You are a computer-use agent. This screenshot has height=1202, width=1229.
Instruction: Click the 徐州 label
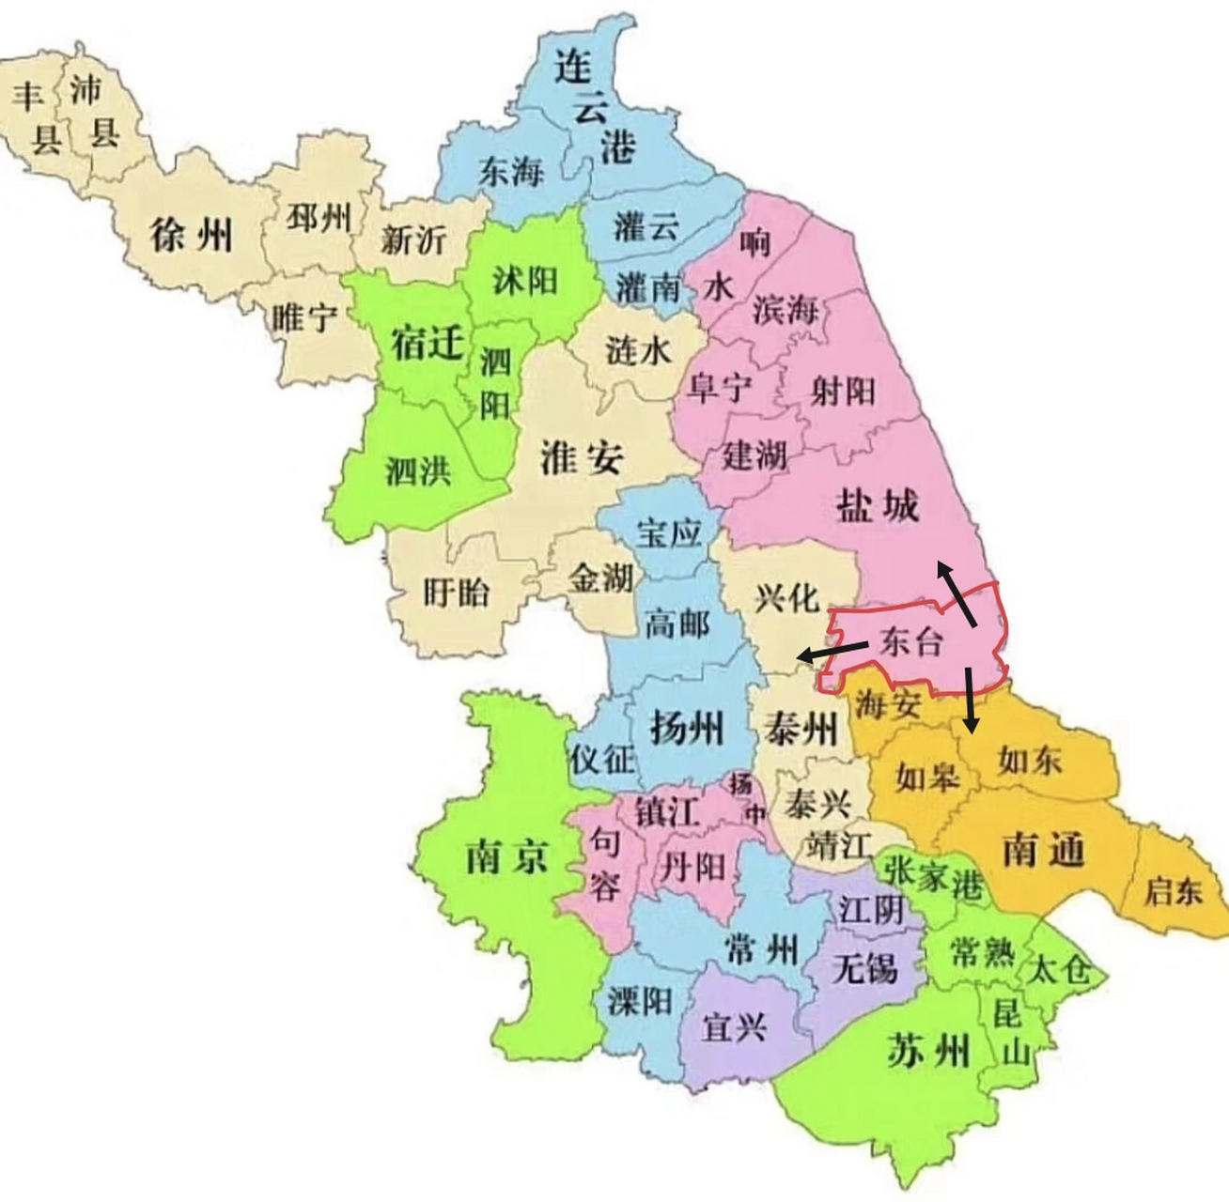pos(192,233)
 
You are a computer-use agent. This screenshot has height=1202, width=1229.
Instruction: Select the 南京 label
pos(507,856)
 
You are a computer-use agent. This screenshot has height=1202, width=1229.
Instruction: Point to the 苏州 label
pos(927,1049)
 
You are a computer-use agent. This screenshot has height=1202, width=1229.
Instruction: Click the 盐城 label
pos(877,506)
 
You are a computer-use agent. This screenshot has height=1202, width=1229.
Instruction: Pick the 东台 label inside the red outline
pos(910,641)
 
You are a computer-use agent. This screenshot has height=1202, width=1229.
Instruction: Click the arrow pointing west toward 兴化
pos(831,651)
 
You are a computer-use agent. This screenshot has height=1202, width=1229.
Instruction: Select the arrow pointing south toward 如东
pos(971,701)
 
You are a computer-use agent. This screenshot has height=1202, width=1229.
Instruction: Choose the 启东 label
pos(1173,888)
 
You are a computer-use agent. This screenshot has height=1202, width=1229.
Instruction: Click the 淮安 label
pos(582,457)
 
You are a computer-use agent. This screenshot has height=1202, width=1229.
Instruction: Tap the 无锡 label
pos(864,966)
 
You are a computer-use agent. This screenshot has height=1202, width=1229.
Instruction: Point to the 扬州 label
pos(688,727)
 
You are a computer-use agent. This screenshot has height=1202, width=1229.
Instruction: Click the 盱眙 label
pos(457,592)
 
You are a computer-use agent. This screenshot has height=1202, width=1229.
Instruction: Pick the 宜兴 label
pos(735,1026)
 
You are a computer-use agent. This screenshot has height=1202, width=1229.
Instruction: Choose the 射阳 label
pos(843,390)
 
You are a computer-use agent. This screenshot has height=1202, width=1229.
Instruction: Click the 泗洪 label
pos(418,470)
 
